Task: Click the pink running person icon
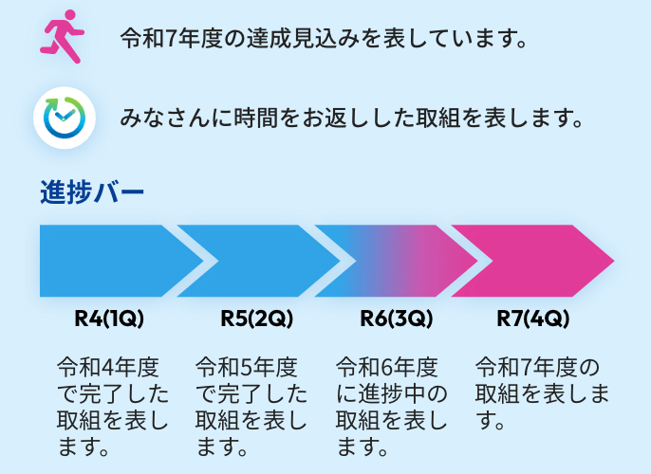coord(64,37)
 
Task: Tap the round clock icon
coord(64,117)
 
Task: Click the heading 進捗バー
coord(92,192)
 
